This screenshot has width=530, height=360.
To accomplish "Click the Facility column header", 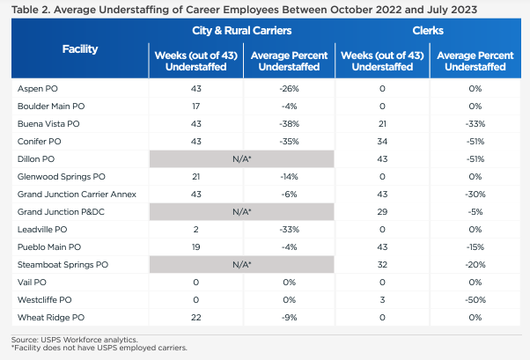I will click(80, 50).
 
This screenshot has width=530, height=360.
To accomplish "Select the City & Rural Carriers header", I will click(241, 31).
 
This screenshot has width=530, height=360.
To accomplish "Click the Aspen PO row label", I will click(40, 89).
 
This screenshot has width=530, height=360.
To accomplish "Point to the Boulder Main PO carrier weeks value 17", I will click(195, 107).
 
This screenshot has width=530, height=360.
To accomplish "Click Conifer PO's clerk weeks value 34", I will click(381, 141).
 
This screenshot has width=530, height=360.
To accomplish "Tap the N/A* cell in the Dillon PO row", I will click(241, 158).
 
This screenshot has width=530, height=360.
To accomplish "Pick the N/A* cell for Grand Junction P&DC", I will click(241, 211).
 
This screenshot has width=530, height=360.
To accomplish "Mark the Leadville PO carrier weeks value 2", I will click(195, 229).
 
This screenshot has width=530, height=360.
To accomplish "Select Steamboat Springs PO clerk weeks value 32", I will click(381, 264).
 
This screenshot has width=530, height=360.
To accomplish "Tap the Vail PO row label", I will click(35, 282).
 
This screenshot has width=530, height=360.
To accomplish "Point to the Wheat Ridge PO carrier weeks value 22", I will click(195, 317).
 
